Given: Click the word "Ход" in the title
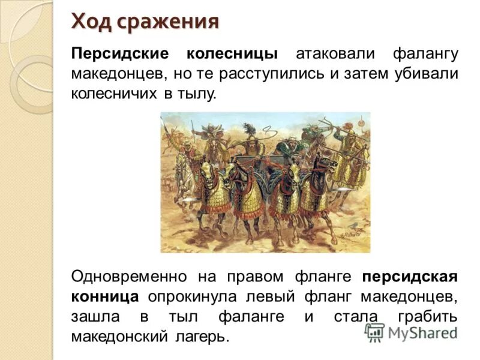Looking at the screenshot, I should coord(91,22).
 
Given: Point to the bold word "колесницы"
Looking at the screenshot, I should coord(232,53).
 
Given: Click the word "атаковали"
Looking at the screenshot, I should coord(331,53).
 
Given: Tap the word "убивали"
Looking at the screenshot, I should coord(427,74).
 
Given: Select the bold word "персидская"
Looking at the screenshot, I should coord(410,277).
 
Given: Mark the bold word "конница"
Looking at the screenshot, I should coord(105,296).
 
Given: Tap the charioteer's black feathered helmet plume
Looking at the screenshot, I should coord(248,130).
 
